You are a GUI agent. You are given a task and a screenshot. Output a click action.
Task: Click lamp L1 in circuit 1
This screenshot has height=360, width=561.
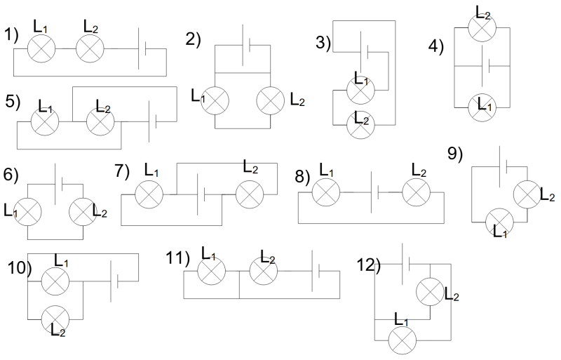[x=41, y=49]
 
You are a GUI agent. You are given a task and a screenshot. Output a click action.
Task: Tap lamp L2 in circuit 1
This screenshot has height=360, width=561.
[x=89, y=49]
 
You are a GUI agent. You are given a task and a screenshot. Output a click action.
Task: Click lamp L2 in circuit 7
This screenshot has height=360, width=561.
[x=249, y=194]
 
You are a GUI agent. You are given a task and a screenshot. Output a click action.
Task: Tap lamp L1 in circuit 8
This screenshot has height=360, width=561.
[x=325, y=192]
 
